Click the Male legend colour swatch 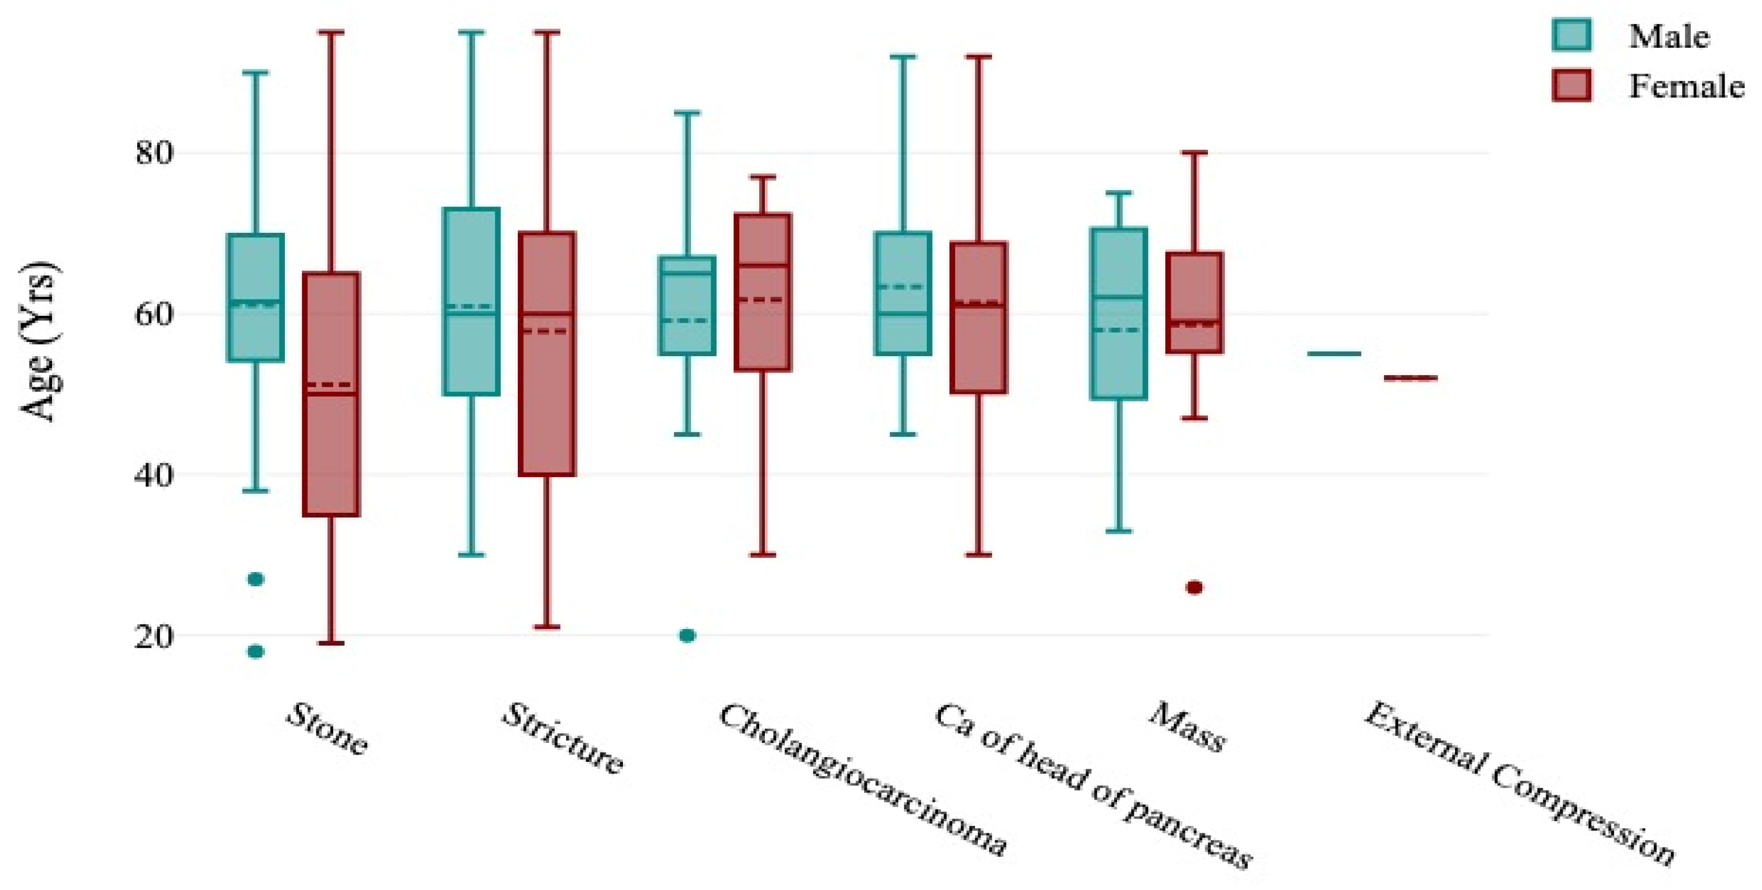(1571, 34)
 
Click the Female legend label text (1686, 87)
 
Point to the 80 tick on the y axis (153, 152)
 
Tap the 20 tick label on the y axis (153, 636)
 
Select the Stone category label (327, 729)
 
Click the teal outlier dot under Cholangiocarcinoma (688, 636)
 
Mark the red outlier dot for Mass (1194, 587)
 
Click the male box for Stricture (472, 356)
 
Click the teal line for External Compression (1334, 354)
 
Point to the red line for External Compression (1410, 377)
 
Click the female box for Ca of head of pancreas (978, 356)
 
